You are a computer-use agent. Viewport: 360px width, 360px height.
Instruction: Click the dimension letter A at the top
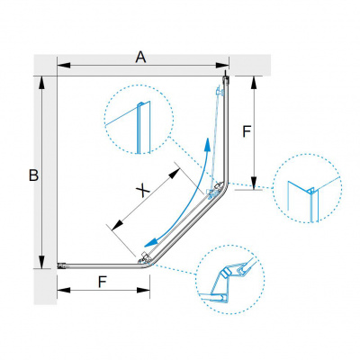[x=140, y=58]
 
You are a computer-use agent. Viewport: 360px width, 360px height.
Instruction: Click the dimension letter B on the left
[x=33, y=175]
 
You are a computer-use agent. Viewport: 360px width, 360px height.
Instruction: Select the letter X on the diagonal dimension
[x=143, y=191]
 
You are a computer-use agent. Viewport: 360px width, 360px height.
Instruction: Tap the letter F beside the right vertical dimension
[x=247, y=131]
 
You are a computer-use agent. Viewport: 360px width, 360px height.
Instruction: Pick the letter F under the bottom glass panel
[x=103, y=282]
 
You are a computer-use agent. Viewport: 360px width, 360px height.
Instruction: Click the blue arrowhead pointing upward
[x=207, y=145]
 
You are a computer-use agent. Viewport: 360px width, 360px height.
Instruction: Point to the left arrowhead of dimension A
[x=64, y=65]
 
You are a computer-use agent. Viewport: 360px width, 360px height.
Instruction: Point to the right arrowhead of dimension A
[x=222, y=65]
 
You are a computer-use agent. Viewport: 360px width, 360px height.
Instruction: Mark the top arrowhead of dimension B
[x=41, y=83]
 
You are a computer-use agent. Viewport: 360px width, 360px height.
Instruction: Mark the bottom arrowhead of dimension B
[x=41, y=262]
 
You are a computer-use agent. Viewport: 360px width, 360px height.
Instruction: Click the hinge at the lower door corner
[x=145, y=258]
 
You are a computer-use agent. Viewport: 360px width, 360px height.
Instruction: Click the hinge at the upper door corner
[x=215, y=191]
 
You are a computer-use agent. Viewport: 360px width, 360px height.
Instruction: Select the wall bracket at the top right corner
[x=226, y=79]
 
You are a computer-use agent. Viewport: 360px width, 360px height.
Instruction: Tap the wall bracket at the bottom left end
[x=61, y=265]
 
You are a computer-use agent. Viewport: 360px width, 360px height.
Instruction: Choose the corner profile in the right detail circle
[x=312, y=204]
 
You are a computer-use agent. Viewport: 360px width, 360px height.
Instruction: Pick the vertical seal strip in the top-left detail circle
[x=140, y=128]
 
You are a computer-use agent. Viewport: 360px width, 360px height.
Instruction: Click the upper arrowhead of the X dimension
[x=174, y=174]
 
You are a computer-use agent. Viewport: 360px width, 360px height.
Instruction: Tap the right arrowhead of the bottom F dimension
[x=143, y=290]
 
